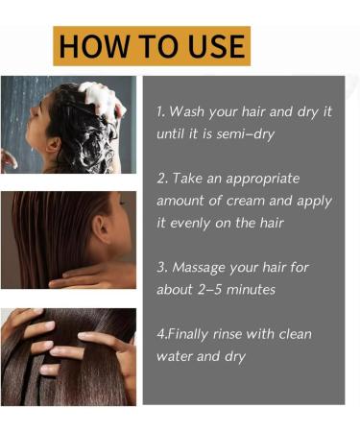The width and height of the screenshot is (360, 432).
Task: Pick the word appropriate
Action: coord(271,179)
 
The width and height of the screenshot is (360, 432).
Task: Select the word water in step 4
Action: coord(177,356)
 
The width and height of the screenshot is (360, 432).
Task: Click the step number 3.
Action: coord(160,267)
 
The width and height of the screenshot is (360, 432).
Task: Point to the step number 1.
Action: coord(160,111)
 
